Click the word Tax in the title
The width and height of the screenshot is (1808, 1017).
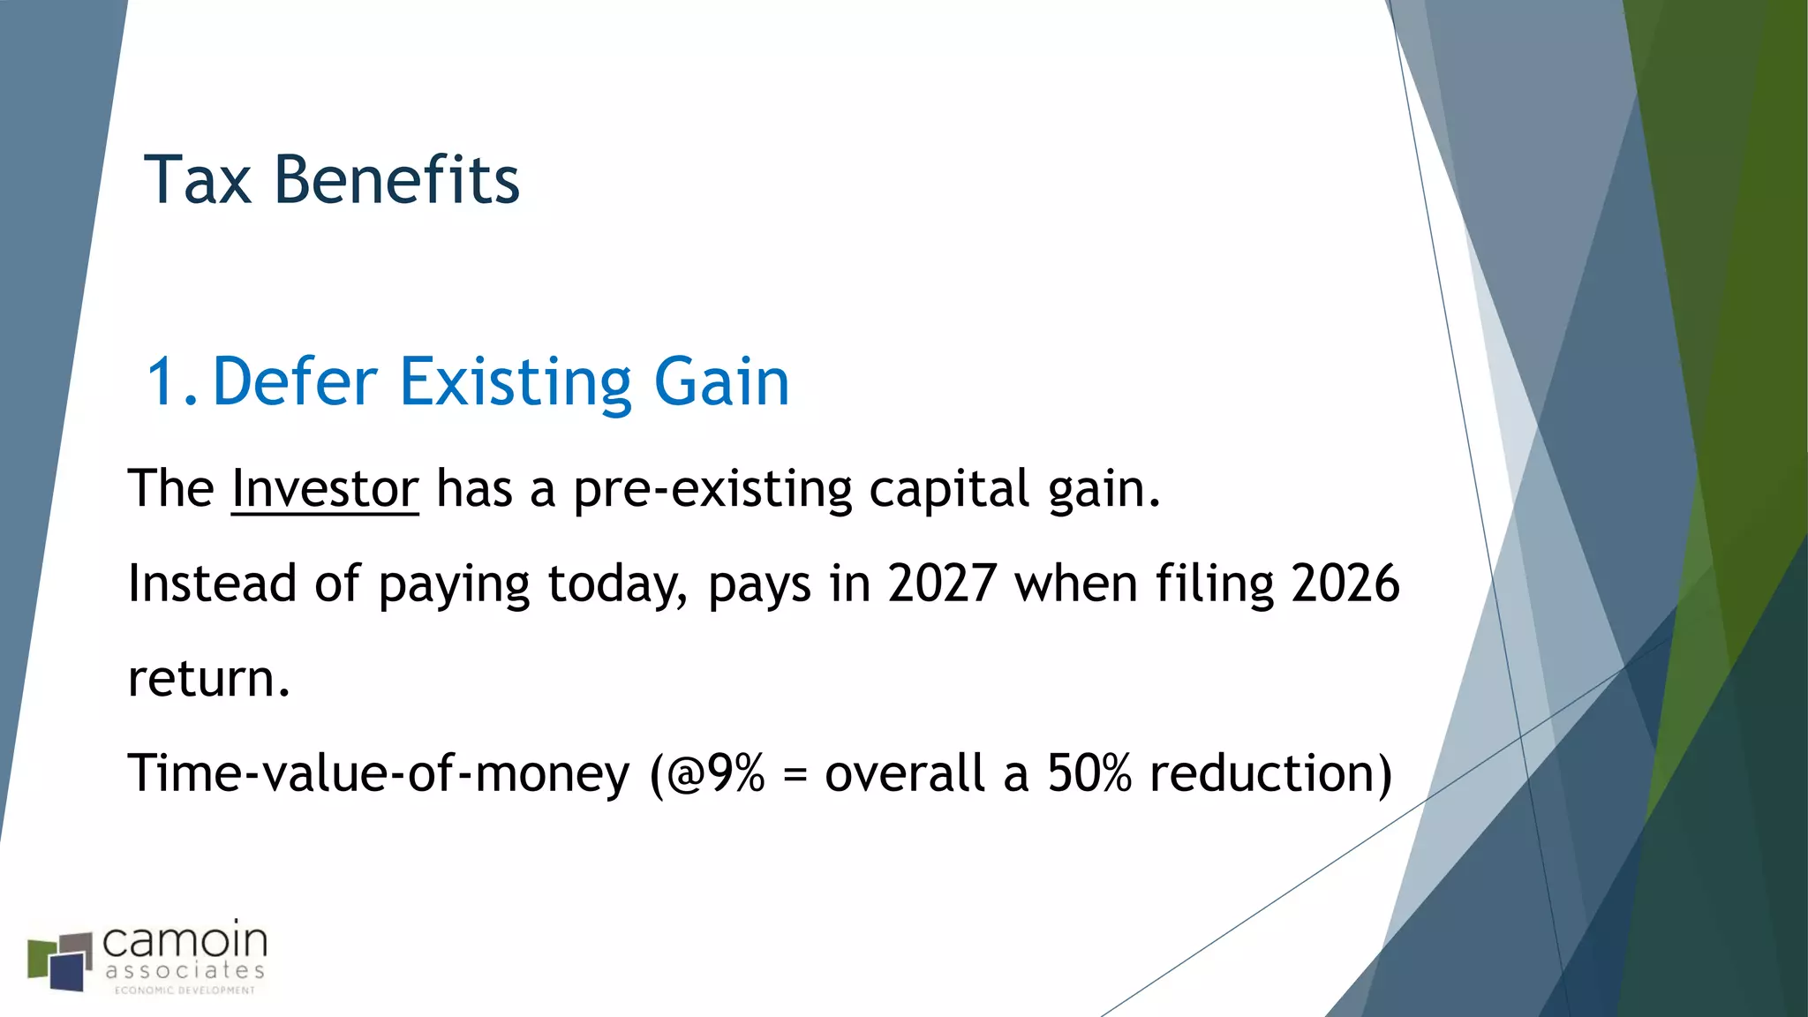198,180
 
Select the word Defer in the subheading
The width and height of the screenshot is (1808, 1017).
295,382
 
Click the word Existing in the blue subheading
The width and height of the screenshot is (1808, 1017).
516,382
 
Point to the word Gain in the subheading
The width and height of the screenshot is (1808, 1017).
721,382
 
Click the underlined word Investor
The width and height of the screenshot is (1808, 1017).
325,489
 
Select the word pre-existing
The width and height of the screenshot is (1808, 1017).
712,489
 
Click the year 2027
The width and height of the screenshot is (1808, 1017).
942,584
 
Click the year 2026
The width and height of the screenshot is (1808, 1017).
1345,584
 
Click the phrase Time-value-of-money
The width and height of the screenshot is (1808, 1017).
379,773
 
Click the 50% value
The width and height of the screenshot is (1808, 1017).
1089,773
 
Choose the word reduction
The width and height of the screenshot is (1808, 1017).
1269,773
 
